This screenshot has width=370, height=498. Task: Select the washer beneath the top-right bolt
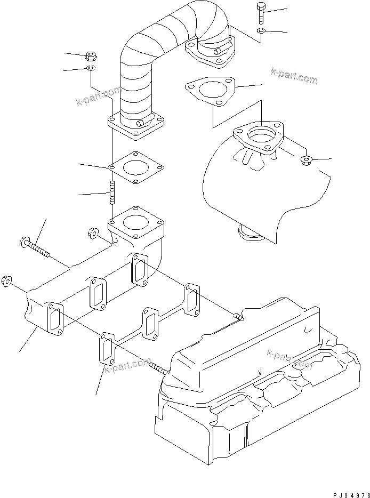pyautogui.click(x=260, y=33)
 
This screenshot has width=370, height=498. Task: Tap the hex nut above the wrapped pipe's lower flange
pyautogui.click(x=90, y=55)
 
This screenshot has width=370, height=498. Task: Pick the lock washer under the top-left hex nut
pyautogui.click(x=90, y=69)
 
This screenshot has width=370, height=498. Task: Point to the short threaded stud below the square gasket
pyautogui.click(x=112, y=192)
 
